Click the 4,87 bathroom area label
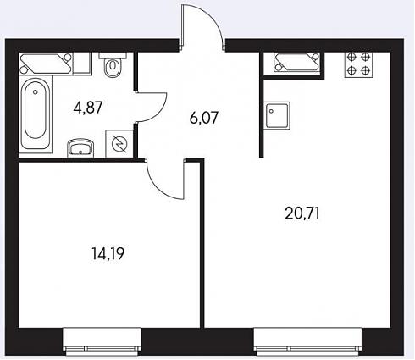tap(87, 108)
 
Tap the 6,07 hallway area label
tap(204, 118)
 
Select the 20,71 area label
tap(302, 213)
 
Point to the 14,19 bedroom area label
tap(108, 253)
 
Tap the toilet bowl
tap(113, 67)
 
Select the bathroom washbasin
tap(80, 147)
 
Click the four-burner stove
tap(358, 64)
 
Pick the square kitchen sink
tap(278, 115)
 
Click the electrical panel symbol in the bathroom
tap(119, 144)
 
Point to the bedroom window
tap(102, 341)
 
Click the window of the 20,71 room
tap(307, 341)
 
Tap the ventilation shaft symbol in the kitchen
tap(296, 62)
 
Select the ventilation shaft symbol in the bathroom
tap(45, 64)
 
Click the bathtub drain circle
tap(36, 91)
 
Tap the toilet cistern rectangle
tap(113, 55)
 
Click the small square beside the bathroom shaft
tap(82, 64)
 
